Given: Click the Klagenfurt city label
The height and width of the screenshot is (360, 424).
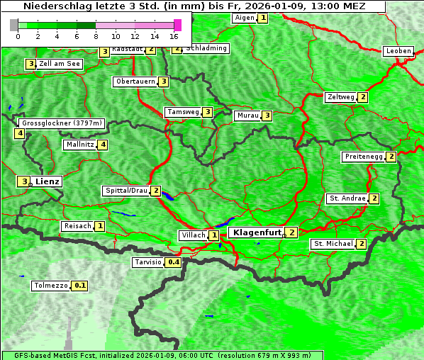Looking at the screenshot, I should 255,232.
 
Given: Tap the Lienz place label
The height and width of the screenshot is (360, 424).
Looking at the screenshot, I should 48,181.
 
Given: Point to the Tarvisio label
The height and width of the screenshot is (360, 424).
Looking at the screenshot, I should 147,262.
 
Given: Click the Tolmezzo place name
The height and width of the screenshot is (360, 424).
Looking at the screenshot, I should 51,286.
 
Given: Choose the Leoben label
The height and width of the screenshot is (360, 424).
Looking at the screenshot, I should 398,51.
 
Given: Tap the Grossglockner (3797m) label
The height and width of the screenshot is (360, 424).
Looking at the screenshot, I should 61,123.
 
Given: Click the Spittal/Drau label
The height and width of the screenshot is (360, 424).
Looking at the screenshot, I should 125,191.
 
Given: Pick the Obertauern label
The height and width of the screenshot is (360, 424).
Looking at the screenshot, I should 135,81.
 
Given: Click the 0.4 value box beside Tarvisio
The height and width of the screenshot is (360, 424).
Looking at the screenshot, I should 174,262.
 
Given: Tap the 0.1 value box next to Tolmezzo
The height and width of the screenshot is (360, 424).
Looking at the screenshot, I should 80,286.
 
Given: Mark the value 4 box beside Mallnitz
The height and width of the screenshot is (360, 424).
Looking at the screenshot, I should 103,145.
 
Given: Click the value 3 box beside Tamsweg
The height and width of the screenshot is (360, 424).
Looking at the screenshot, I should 207,112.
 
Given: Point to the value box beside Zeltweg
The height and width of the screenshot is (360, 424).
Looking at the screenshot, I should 363,97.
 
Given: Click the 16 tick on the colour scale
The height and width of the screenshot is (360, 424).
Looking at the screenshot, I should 174,35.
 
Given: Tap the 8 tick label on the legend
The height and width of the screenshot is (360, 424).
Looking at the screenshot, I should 96,35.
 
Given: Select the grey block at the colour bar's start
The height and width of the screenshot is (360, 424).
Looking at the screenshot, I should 14,25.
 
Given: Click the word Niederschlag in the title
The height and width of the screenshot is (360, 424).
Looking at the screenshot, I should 54,6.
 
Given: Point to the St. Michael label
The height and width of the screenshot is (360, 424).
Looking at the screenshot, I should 333,244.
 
